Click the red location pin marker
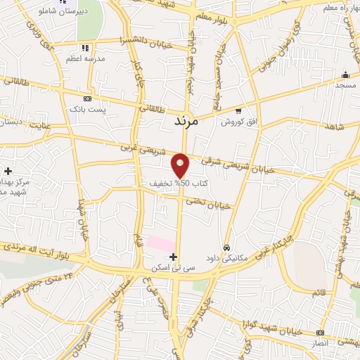click(181, 165)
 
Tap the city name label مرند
click(187, 121)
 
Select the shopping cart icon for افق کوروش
click(239, 110)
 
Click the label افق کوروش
click(236, 122)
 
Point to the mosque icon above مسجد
click(345, 75)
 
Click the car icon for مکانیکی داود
click(226, 247)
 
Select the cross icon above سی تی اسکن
click(174, 257)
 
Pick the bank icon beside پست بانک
click(87, 99)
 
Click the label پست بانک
click(87, 110)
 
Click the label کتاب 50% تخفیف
click(169, 183)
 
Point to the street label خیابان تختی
click(209, 204)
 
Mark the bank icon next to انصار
click(321, 333)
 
